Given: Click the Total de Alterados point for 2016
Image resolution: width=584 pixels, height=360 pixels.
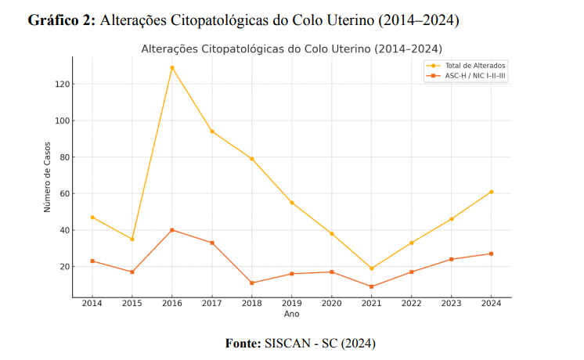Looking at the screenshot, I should click(172, 67).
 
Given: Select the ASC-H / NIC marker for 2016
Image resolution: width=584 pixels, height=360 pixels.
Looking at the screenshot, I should click(172, 230).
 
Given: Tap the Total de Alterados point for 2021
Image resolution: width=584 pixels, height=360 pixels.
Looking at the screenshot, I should click(371, 268).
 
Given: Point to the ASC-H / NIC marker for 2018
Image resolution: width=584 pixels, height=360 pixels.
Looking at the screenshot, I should click(251, 283).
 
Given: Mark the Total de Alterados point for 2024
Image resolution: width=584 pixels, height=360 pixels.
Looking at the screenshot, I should click(490, 192).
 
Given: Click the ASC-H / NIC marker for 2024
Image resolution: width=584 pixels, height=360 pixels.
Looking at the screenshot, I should click(490, 254).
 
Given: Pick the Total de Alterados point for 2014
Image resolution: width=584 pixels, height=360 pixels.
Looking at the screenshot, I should click(92, 217).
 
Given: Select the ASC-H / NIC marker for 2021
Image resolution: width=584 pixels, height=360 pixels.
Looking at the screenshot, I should click(371, 286).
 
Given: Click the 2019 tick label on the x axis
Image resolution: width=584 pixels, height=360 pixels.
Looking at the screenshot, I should click(291, 304).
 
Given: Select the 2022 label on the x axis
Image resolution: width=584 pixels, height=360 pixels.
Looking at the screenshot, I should click(411, 304).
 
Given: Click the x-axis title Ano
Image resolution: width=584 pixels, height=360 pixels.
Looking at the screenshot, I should click(291, 314).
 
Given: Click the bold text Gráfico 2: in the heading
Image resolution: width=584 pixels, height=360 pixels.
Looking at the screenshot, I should click(62, 20).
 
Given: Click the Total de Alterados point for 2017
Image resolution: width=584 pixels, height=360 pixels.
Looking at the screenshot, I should click(211, 131).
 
